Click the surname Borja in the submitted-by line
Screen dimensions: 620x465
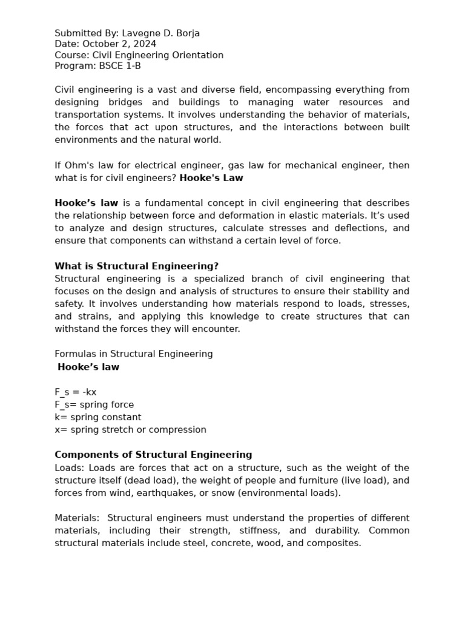coord(186,33)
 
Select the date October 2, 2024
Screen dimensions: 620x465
coord(119,44)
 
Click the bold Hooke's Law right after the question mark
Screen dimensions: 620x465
coord(211,178)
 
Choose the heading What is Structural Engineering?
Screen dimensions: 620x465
coord(136,266)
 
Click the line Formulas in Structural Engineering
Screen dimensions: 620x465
coord(134,354)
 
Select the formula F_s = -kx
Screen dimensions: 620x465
coord(76,392)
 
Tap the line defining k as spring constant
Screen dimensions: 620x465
coord(98,417)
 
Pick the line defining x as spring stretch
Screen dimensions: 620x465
coord(130,430)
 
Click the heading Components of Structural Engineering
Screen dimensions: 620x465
coord(153,455)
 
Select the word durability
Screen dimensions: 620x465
coord(329,531)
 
